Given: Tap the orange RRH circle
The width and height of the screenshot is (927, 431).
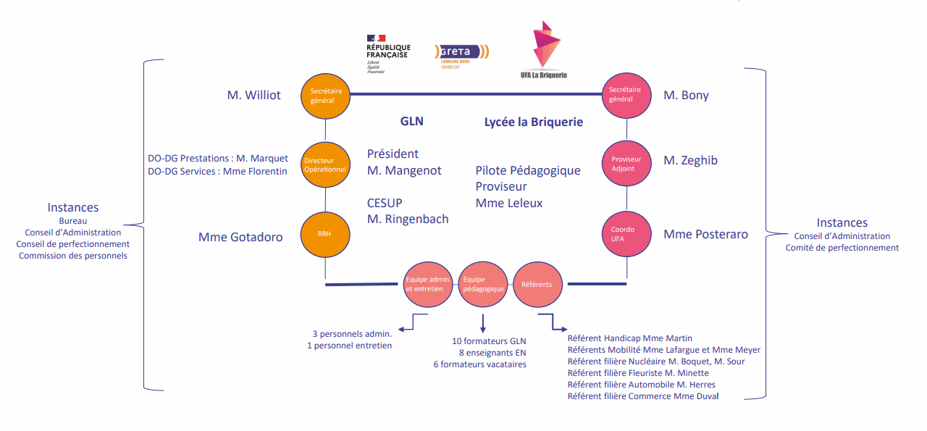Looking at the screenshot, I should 325,235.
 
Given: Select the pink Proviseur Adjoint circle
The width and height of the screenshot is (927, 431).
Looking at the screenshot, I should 626,164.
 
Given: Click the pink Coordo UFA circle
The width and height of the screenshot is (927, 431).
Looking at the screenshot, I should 626,234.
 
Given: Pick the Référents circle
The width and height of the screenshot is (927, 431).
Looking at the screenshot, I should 537,284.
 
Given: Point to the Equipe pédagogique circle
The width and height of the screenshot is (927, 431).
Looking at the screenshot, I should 483,284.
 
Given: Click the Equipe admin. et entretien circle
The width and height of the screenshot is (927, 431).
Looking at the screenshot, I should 429,284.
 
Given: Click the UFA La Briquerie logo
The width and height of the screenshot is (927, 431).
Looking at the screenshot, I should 548,50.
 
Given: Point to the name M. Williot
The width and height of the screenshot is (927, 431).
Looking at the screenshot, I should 254,95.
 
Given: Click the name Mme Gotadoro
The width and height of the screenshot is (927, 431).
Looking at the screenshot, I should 240,237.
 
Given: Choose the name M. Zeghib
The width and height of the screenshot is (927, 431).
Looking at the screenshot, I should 690,160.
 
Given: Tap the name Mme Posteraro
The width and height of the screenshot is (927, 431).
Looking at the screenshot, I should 705,234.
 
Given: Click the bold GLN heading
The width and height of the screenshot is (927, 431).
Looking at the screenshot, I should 412,122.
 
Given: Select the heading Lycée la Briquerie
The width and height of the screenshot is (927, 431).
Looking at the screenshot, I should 533,122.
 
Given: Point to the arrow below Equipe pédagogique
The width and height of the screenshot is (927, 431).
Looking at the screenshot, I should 482,323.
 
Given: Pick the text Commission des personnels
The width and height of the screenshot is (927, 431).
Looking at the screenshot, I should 73,256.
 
